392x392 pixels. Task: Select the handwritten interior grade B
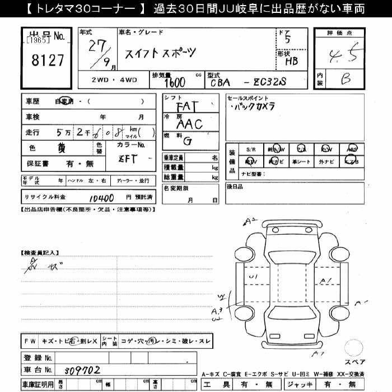[345, 80]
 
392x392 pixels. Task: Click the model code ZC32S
[272, 82]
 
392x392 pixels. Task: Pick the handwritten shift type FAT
[186, 106]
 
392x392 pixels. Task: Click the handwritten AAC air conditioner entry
[189, 124]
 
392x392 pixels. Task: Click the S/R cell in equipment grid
[250, 150]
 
